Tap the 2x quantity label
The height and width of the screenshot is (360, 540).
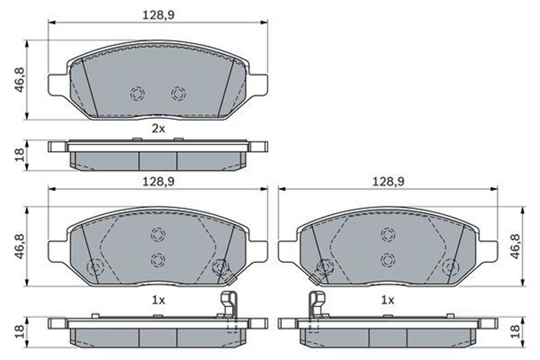tap(158, 128)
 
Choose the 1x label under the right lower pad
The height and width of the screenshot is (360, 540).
tap(387, 299)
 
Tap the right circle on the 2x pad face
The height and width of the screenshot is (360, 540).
tap(178, 93)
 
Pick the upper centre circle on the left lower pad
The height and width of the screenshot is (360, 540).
tap(157, 236)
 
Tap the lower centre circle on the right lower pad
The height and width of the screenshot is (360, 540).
tap(387, 259)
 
